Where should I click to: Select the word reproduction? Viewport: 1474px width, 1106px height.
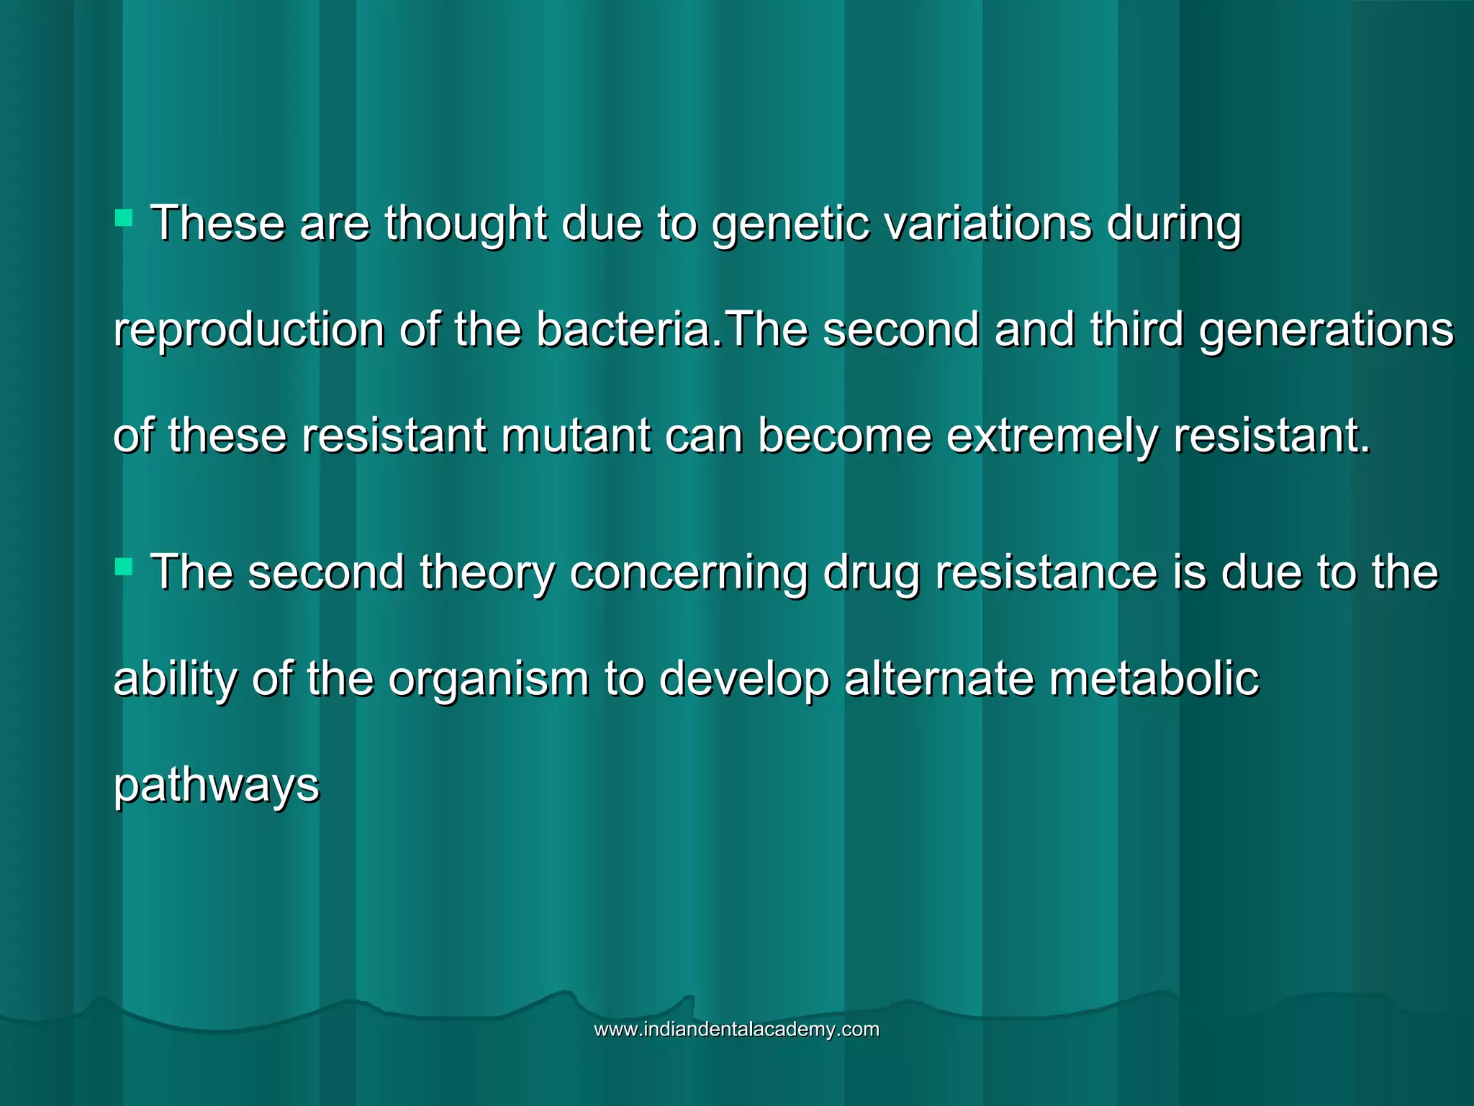pyautogui.click(x=249, y=331)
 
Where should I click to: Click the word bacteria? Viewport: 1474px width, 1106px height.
pyautogui.click(x=623, y=329)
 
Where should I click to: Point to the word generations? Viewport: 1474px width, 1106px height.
pyautogui.click(x=1326, y=331)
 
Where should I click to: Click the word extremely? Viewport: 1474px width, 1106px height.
pyautogui.click(x=1052, y=436)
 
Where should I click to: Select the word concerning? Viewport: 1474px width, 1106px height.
pyautogui.click(x=689, y=573)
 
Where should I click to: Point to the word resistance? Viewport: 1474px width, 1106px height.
pyautogui.click(x=1046, y=573)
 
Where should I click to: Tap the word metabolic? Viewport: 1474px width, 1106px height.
pyautogui.click(x=1154, y=679)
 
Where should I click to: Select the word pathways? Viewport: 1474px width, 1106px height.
pyautogui.click(x=216, y=786)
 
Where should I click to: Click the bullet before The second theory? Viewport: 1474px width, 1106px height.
pyautogui.click(x=124, y=568)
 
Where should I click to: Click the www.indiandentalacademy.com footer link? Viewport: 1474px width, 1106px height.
pyautogui.click(x=736, y=1030)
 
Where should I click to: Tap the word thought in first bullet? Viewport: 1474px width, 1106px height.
pyautogui.click(x=465, y=223)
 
